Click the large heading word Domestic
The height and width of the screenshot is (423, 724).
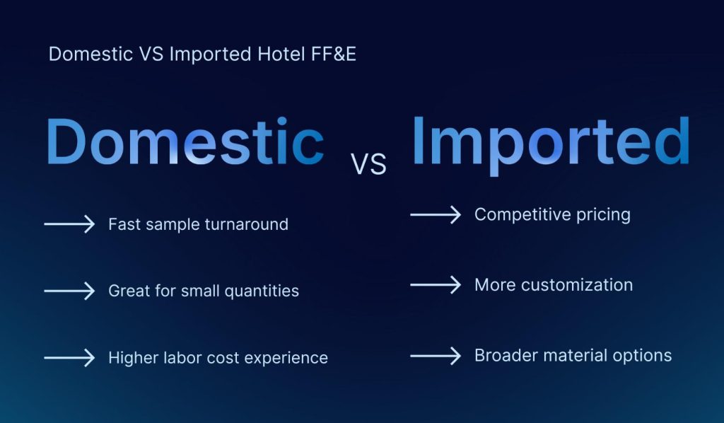(x=185, y=144)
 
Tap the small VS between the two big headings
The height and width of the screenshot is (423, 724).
(x=368, y=164)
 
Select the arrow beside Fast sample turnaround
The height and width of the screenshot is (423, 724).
(x=69, y=224)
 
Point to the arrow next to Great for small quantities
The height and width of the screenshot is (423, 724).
(x=69, y=291)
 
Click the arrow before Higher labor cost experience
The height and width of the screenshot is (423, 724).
(x=69, y=358)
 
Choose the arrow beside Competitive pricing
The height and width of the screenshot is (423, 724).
(x=436, y=214)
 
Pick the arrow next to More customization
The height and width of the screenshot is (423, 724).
(x=436, y=285)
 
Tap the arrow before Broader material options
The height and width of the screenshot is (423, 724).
(x=436, y=355)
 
